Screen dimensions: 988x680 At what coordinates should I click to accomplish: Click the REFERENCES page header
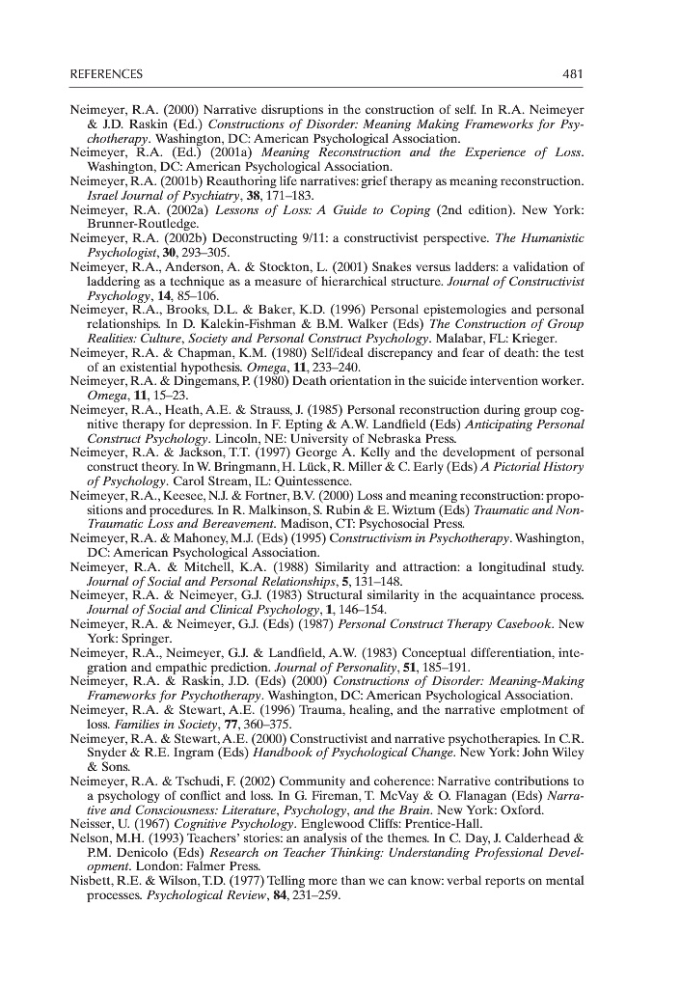pos(106,74)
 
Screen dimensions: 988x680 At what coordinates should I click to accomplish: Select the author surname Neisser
pos(95,826)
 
